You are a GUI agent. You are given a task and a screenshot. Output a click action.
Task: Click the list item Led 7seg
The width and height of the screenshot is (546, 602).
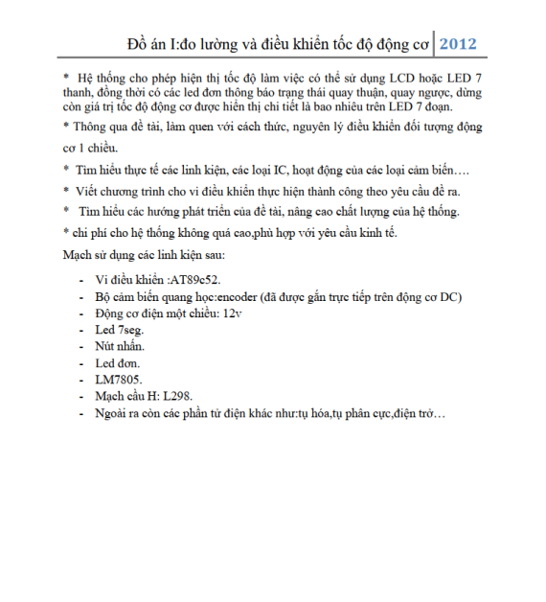(120, 329)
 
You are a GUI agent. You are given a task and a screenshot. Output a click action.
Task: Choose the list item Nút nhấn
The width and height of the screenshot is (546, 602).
(121, 345)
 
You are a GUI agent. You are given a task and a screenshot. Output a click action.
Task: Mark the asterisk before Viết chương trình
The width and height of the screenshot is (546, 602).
(65, 190)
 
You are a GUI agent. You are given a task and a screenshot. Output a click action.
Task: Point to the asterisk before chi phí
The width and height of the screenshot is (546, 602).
(65, 232)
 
